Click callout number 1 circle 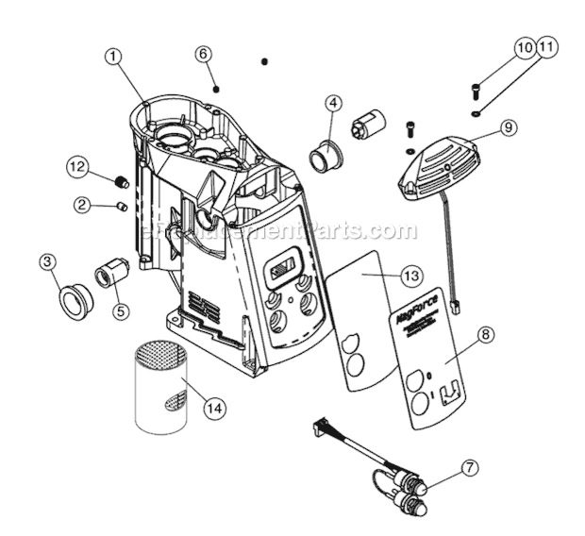pyautogui.click(x=113, y=57)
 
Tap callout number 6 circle pyautogui.click(x=202, y=54)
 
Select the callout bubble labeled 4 pyautogui.click(x=333, y=103)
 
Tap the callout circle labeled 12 pyautogui.click(x=79, y=166)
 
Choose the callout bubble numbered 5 pyautogui.click(x=120, y=309)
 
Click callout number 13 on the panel pyautogui.click(x=409, y=276)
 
